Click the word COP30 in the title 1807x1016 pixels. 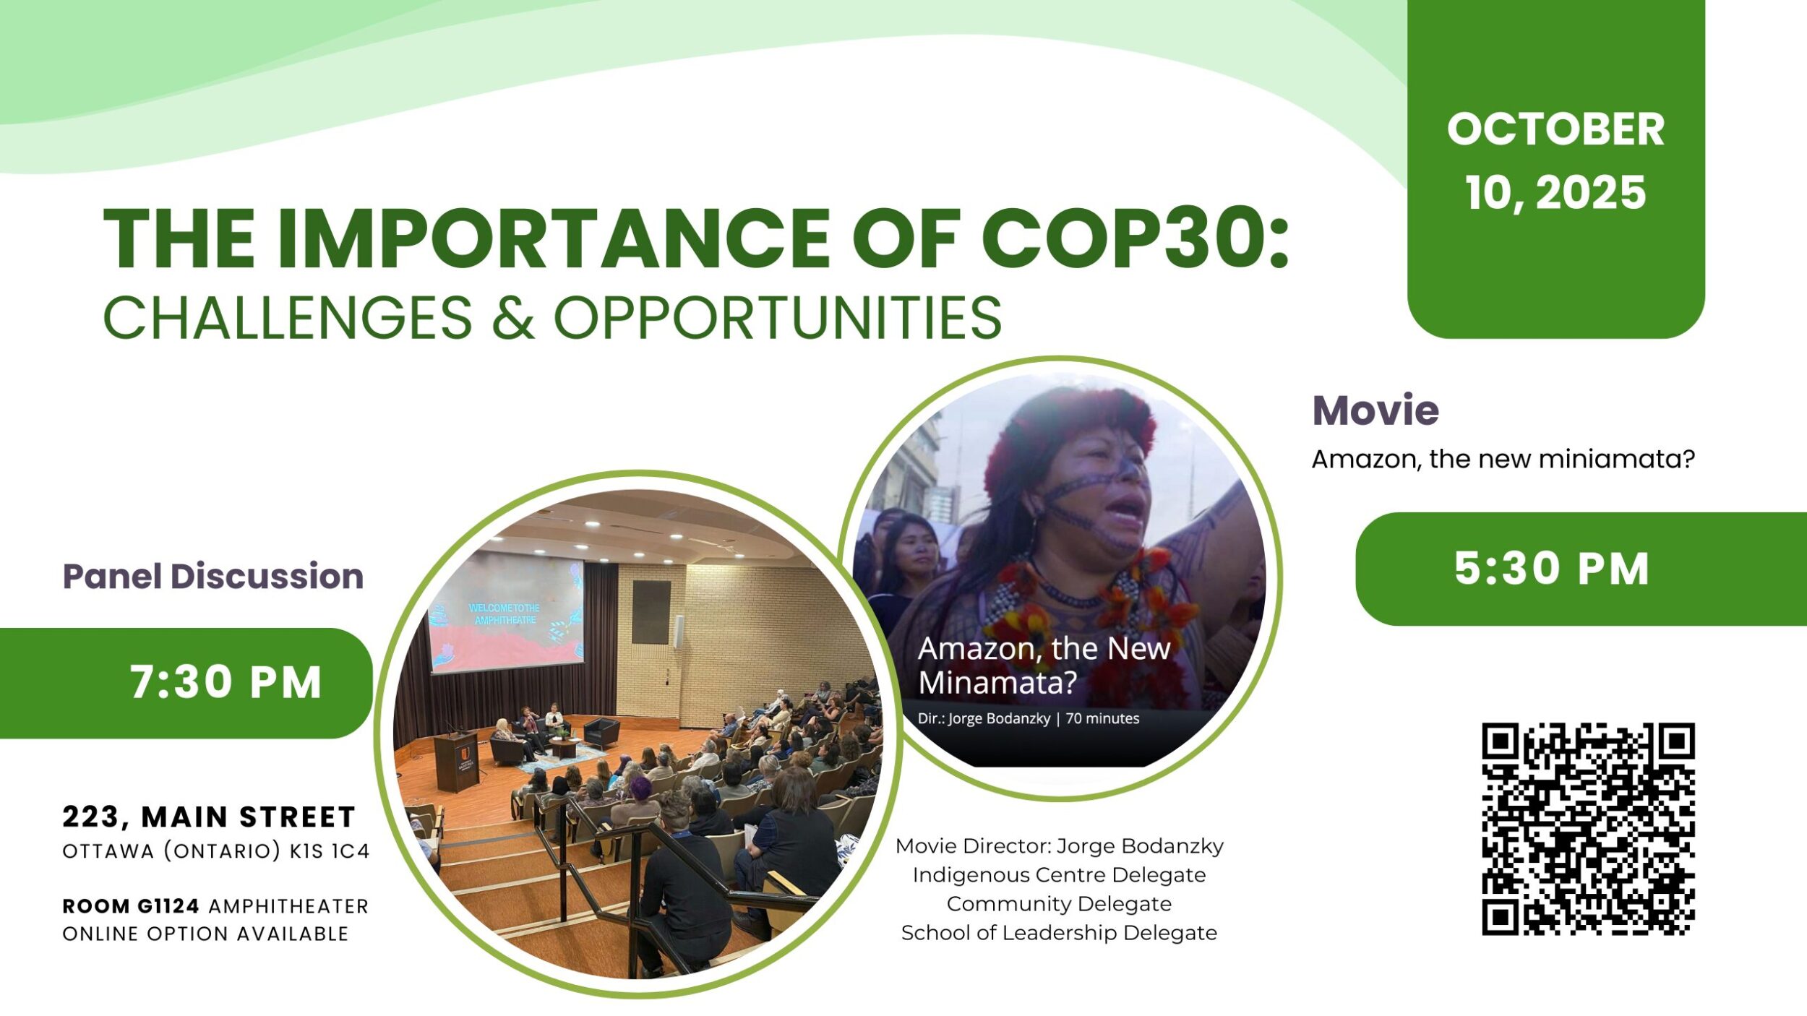pos(1135,238)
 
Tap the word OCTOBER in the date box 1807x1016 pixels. pos(1556,129)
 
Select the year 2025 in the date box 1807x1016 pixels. pos(1591,193)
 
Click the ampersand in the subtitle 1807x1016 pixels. pos(513,317)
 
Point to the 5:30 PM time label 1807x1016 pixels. pos(1552,569)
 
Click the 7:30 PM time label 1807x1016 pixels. pos(226,682)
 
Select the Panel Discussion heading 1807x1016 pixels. pos(213,576)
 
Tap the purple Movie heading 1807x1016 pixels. pos(1375,410)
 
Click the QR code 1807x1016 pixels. pos(1589,830)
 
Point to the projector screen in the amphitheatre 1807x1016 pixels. pos(506,611)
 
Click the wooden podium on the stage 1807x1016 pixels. pos(456,760)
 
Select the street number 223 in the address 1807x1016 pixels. pos(91,817)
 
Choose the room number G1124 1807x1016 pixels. pos(168,906)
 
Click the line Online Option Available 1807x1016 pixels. pos(206,934)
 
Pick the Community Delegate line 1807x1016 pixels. pos(1060,904)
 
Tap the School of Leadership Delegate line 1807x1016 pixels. pos(1060,933)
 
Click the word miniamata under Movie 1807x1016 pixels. pos(1602,459)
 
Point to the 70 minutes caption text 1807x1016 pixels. pos(1103,719)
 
